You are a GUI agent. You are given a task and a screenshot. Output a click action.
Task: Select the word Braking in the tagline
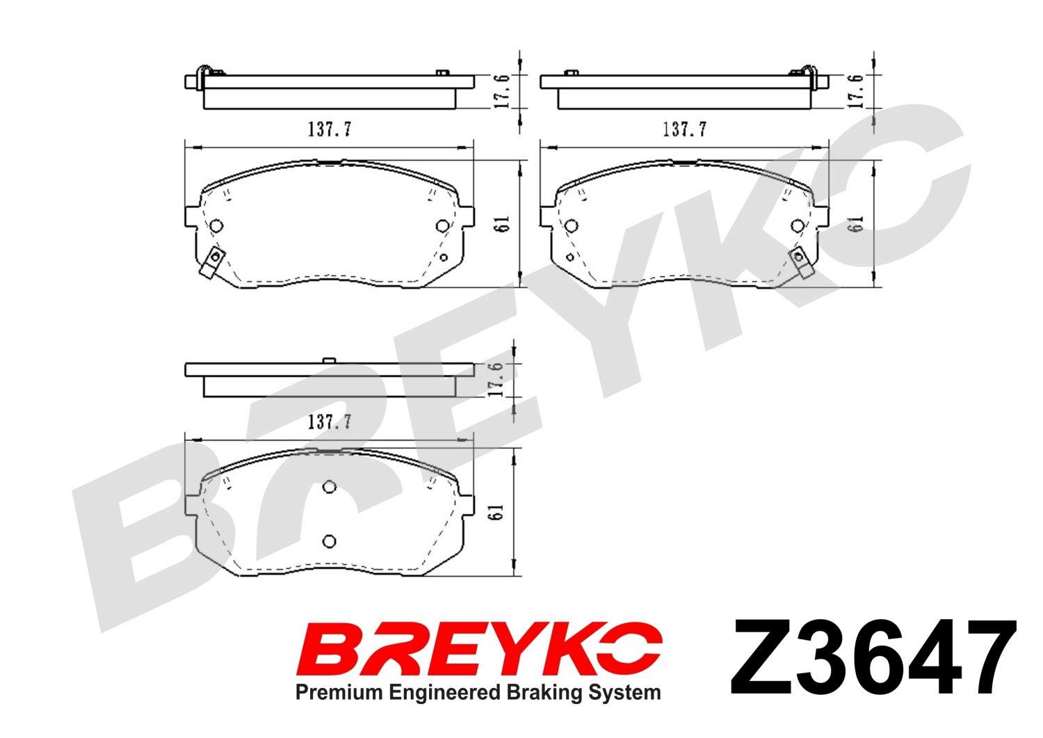(x=544, y=693)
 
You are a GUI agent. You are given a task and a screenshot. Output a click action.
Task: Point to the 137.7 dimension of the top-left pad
(x=329, y=129)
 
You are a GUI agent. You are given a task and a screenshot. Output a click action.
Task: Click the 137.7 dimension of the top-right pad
(x=684, y=129)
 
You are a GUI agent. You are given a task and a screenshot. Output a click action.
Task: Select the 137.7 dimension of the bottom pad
(x=329, y=422)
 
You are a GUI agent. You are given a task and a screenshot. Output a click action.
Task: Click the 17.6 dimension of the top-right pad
(x=855, y=91)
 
